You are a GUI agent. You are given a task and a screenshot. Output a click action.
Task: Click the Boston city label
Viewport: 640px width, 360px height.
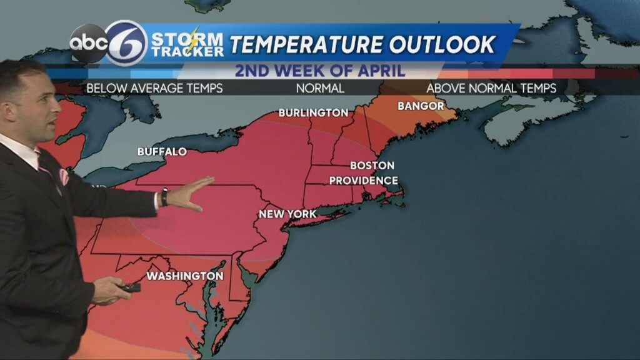[x=372, y=166]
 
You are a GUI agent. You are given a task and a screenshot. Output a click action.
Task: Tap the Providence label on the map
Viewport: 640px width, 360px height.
[x=363, y=181]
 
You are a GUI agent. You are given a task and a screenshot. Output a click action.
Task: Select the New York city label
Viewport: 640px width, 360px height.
[x=287, y=214]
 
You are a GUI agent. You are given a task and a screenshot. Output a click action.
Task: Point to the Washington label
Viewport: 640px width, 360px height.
[x=184, y=276]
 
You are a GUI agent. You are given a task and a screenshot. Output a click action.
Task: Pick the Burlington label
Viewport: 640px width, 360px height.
[x=313, y=113]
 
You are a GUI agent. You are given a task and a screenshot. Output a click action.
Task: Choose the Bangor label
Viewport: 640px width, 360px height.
[x=421, y=106]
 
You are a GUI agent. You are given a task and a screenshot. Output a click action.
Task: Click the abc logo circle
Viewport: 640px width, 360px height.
[x=88, y=43]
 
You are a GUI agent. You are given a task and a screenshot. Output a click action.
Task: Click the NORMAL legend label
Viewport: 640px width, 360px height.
[x=320, y=88]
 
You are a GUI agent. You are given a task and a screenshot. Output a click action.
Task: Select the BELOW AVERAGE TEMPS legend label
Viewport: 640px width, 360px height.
[x=154, y=88]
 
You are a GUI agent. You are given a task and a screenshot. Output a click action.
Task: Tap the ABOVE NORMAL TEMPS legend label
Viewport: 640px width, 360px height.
[x=491, y=88]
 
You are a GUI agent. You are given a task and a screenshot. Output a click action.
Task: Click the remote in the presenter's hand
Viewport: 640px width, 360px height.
[x=131, y=287]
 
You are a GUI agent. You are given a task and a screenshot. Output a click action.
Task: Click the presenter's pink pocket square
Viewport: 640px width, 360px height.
[x=64, y=177]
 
